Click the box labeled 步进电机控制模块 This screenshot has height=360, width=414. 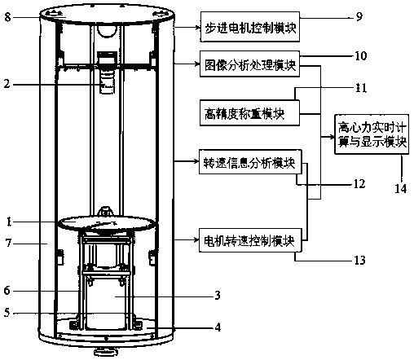click(250, 27)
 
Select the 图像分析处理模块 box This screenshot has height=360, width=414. click(249, 64)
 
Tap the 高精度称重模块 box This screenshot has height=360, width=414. click(249, 113)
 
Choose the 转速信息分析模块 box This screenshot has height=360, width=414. click(250, 162)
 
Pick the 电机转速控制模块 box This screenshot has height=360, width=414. click(250, 240)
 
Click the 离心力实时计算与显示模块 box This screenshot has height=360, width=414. click(372, 134)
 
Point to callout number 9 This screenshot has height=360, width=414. click(359, 17)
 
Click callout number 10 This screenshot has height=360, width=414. click(361, 56)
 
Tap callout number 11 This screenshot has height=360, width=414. click(361, 88)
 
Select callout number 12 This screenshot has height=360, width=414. click(359, 184)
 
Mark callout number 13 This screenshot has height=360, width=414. click(359, 261)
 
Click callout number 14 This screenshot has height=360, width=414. click(401, 188)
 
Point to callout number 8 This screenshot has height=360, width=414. click(7, 17)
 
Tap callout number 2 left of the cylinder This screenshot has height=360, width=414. click(7, 84)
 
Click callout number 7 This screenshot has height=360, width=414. click(9, 243)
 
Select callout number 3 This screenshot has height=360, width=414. click(218, 295)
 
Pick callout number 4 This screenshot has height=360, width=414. click(218, 327)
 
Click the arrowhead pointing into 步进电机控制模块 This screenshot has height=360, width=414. click(198, 27)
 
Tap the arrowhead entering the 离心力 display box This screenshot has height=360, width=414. click(332, 137)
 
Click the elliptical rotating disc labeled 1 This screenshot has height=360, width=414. click(108, 223)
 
